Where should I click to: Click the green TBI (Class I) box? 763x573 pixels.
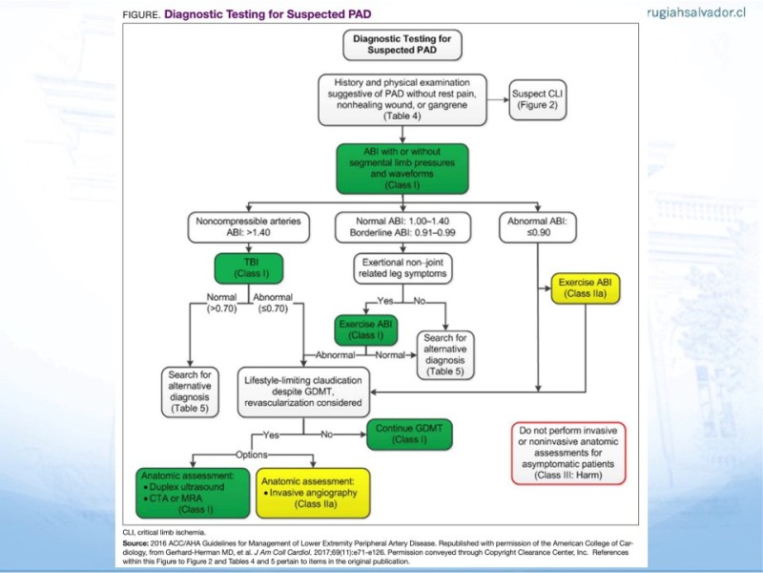[249, 268]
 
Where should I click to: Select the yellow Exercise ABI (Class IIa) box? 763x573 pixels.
[586, 288]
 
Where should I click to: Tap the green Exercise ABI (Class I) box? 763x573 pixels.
[366, 329]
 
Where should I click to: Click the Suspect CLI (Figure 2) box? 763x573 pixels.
[538, 100]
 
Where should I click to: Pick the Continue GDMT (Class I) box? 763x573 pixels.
[409, 435]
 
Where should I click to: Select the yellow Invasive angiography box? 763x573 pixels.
[313, 493]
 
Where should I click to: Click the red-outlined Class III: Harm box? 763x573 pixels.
[568, 453]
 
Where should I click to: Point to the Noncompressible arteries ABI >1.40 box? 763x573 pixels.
[249, 227]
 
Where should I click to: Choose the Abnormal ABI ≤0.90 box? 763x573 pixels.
[538, 227]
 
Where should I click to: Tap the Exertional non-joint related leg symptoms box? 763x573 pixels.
[402, 268]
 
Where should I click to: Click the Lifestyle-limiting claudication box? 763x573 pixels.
[303, 392]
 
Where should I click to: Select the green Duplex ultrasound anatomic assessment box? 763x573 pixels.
[193, 493]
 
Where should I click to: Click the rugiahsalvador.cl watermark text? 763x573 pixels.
[696, 12]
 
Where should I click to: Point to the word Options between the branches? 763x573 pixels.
[252, 455]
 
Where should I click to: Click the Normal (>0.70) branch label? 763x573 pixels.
[221, 303]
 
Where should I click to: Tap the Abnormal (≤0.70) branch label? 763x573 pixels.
[273, 303]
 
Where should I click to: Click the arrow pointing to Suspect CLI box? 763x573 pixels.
[498, 100]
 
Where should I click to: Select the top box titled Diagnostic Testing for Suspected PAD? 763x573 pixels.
[402, 45]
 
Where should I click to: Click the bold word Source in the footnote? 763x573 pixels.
[135, 543]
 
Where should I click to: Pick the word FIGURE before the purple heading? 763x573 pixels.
[141, 15]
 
